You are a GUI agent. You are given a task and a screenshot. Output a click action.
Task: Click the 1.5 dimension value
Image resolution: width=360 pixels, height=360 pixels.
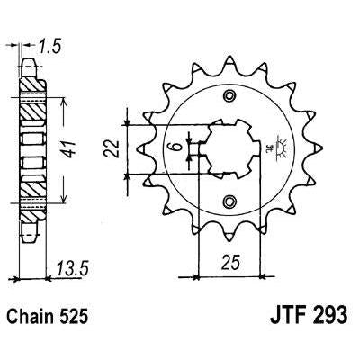[x=49, y=47]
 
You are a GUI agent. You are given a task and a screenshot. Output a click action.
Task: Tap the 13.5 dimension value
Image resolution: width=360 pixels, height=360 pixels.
[x=73, y=268]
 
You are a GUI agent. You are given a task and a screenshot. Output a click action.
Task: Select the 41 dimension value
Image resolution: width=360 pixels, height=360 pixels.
[x=69, y=148]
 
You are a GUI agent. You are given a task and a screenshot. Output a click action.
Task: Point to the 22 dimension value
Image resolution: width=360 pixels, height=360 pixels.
[x=112, y=148]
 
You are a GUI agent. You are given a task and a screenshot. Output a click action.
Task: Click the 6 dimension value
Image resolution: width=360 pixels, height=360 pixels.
[x=178, y=147]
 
